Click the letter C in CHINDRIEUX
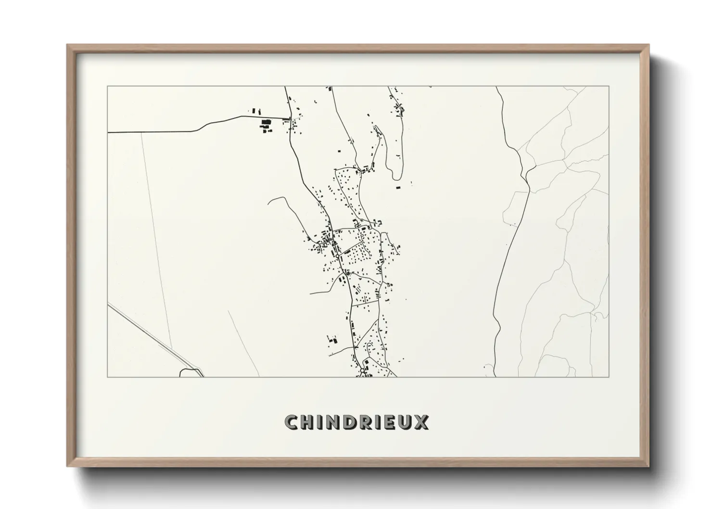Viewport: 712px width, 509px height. coord(292,423)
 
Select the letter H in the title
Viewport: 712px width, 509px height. coord(308,423)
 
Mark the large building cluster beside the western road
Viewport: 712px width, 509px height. coord(265,125)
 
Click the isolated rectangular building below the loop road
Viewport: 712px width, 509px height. coord(397,188)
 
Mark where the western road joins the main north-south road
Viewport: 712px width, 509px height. coord(290,119)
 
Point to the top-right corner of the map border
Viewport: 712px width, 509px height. coord(609,87)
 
